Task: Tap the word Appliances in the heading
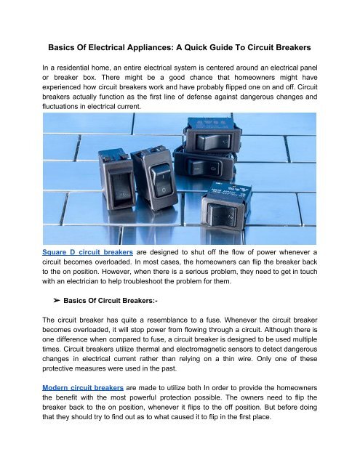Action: (x=141, y=47)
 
